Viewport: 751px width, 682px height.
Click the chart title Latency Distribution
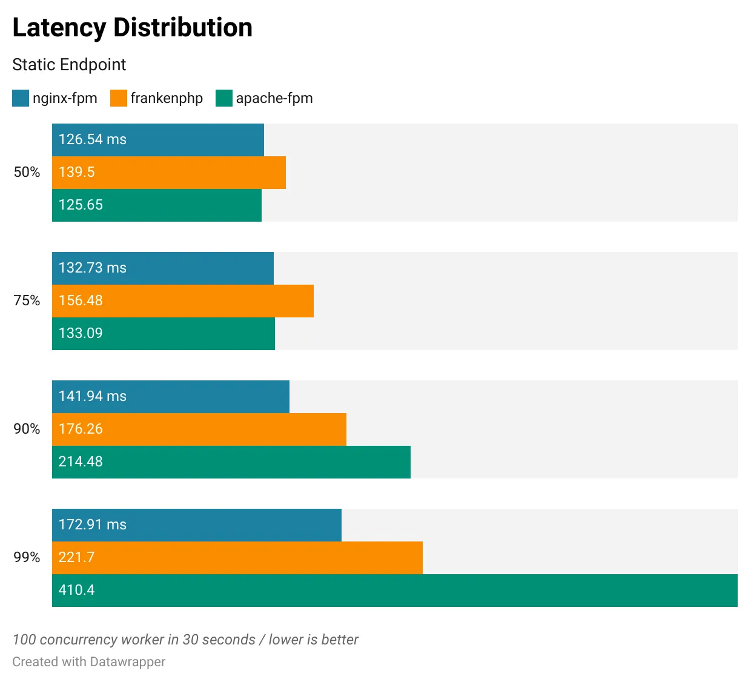click(x=132, y=28)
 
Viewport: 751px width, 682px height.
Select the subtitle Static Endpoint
click(x=69, y=65)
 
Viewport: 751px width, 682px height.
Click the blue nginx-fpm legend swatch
click(x=21, y=98)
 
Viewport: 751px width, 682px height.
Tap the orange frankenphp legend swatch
click(x=119, y=98)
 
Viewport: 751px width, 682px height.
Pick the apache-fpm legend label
click(x=274, y=98)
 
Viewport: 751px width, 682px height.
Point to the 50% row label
click(x=27, y=172)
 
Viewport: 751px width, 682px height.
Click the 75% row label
click(x=27, y=300)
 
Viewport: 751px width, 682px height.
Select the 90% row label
click(x=27, y=429)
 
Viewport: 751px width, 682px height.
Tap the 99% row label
click(x=27, y=557)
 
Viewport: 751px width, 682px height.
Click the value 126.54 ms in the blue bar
click(x=93, y=139)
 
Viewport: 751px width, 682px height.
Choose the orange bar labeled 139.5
click(x=169, y=172)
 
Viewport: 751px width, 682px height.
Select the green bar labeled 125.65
click(x=157, y=205)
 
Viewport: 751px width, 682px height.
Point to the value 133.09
click(x=81, y=333)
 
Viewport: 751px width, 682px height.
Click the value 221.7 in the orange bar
click(x=76, y=557)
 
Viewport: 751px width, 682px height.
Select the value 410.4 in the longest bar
click(x=76, y=590)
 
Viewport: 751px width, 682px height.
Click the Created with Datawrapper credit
click(x=88, y=662)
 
